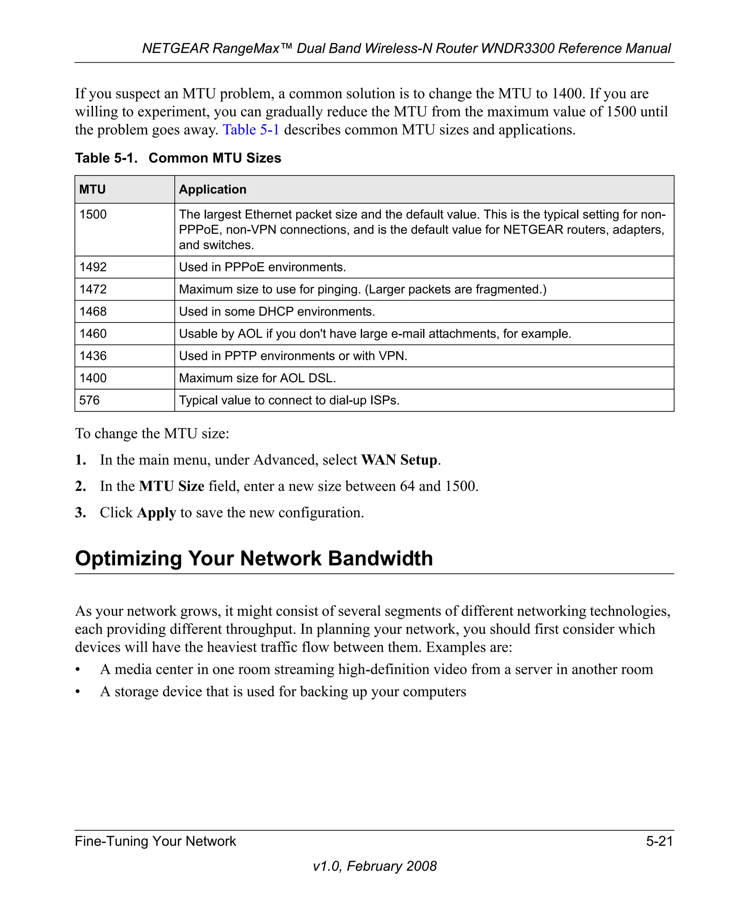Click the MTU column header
[x=93, y=189]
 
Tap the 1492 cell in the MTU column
[x=93, y=267]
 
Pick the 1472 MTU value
[x=93, y=289]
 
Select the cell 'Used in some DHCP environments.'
[x=276, y=312]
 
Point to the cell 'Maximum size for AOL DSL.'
[x=257, y=378]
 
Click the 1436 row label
[x=93, y=356]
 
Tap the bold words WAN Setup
[x=399, y=460]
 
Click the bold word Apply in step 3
[x=156, y=512]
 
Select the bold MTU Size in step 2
[x=172, y=486]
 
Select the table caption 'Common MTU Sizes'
[x=214, y=158]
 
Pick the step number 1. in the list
[x=80, y=460]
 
